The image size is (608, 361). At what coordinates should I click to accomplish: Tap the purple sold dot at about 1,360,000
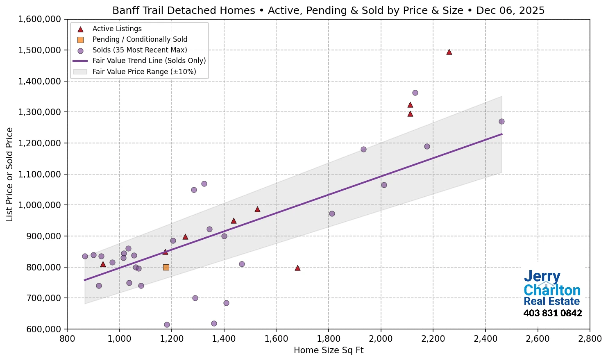click(x=415, y=93)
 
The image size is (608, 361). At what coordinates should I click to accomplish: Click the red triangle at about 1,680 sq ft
click(x=297, y=268)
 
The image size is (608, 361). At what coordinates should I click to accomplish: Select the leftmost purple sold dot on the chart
click(x=85, y=257)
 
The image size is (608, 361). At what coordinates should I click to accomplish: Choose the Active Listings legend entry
click(x=117, y=29)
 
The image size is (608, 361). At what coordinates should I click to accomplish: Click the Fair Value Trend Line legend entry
click(x=149, y=61)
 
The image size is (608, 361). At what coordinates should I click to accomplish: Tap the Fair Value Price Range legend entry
click(x=144, y=72)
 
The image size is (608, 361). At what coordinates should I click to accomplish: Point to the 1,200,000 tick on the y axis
click(x=39, y=143)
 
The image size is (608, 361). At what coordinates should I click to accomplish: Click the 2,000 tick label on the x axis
click(x=381, y=339)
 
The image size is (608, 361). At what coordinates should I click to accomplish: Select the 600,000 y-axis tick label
click(x=39, y=329)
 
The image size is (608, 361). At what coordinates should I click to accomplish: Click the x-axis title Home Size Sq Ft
click(x=329, y=350)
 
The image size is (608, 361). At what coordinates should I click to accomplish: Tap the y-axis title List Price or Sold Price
click(x=9, y=175)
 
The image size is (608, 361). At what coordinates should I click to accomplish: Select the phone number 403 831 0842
click(x=552, y=313)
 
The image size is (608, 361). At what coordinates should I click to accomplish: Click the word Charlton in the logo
click(x=552, y=291)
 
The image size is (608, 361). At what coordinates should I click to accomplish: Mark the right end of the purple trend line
click(x=502, y=134)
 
